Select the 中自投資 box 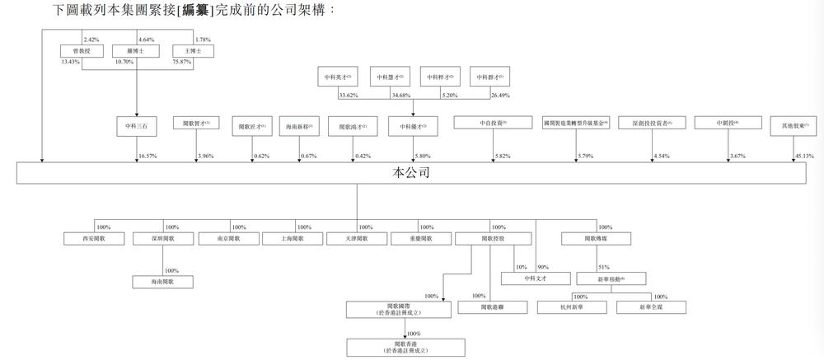[493, 124]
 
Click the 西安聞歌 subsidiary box [95, 239]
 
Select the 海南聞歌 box [164, 282]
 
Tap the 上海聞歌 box [292, 239]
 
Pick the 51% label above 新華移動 [604, 267]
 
